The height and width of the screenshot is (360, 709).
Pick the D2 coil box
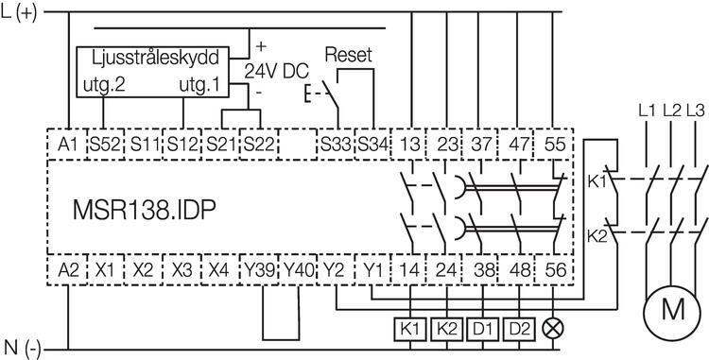pyautogui.click(x=515, y=330)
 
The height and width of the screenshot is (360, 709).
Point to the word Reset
pyautogui.click(x=348, y=56)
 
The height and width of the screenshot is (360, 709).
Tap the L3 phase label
pyautogui.click(x=696, y=111)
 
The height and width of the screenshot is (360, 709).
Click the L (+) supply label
pyautogui.click(x=21, y=12)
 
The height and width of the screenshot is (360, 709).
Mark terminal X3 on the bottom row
pyautogui.click(x=180, y=269)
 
